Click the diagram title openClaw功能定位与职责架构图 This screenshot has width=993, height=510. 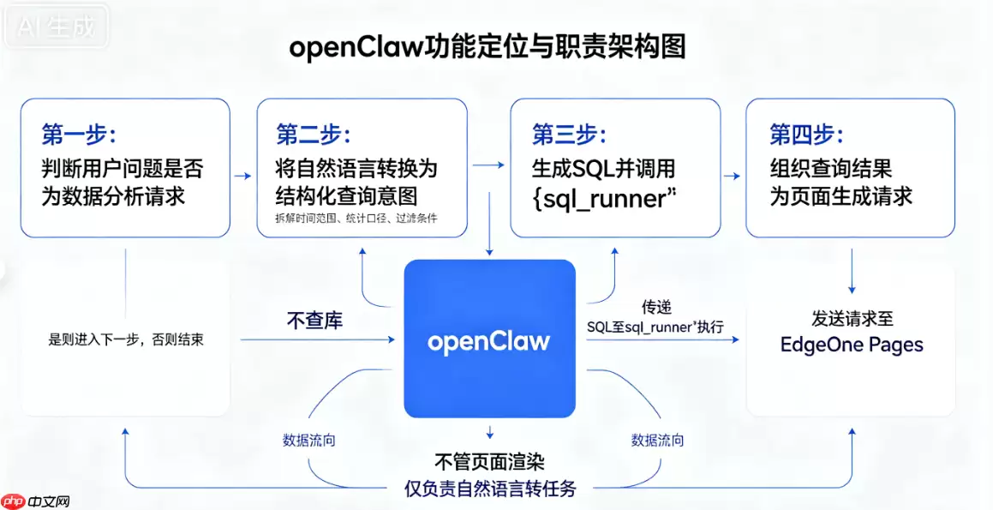487,47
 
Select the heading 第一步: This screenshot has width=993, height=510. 79,135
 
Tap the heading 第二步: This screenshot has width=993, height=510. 314,135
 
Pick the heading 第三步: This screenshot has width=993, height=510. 569,135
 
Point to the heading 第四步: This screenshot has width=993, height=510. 806,135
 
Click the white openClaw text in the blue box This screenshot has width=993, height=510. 488,341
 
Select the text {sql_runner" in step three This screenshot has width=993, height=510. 605,198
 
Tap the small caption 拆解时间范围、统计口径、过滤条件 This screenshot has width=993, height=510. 356,219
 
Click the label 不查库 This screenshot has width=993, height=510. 314,320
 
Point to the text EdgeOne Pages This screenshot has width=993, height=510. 852,345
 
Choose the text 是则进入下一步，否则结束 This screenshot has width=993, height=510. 126,339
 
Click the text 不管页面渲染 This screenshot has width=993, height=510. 489,462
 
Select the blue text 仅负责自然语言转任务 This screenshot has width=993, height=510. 490,489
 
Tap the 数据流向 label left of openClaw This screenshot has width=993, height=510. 309,441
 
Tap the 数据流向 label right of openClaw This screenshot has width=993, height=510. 657,441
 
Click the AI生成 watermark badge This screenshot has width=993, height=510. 56,27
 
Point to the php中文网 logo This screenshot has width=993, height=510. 35,501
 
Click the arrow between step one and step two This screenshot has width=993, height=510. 242,176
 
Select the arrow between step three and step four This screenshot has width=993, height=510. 732,176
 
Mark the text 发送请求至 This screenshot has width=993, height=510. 852,318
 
